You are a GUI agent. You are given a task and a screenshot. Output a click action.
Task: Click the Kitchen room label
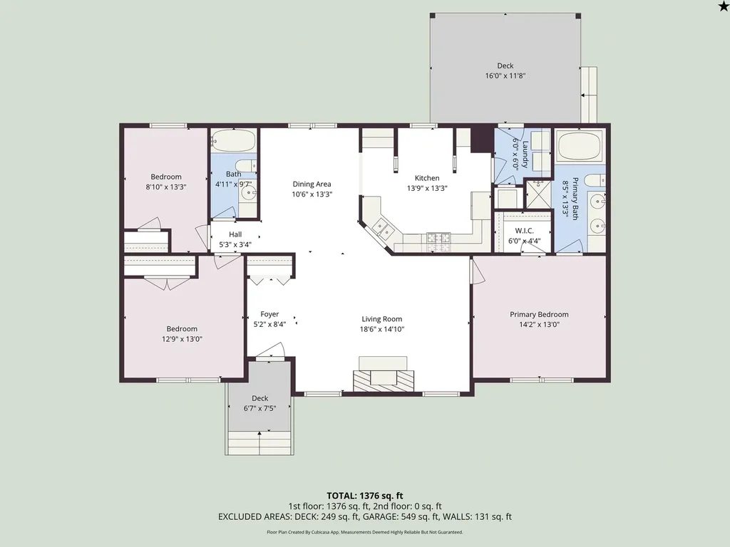pos(427,178)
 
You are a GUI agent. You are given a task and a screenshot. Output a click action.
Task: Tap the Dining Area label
pos(312,184)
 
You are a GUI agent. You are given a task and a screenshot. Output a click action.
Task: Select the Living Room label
pos(382,319)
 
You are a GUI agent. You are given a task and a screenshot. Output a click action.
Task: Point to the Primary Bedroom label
pos(539,314)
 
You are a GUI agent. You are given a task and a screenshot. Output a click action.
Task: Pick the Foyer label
pos(269,314)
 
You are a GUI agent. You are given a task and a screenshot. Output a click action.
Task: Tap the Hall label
pos(235,234)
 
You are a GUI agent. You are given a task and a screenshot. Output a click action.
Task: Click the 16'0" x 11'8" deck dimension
pos(505,75)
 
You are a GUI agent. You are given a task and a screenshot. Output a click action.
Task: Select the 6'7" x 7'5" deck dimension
pos(259,408)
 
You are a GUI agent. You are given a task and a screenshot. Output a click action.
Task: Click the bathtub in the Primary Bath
pos(580,146)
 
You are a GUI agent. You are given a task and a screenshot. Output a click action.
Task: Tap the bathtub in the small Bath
pos(234,140)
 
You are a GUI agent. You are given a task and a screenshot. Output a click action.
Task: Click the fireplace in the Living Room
pos(383,375)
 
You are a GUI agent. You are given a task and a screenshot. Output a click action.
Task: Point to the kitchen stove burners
pos(438,238)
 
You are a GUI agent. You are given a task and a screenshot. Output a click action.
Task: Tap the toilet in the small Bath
pos(246,165)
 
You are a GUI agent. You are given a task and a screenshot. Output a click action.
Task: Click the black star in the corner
pos(724,5)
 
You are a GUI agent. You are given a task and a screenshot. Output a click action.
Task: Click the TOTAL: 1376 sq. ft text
pos(364,496)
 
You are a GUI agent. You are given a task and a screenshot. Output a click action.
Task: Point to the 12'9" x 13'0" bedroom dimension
pos(182,339)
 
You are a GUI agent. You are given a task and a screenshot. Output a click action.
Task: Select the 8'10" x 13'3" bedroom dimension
pos(166,187)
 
